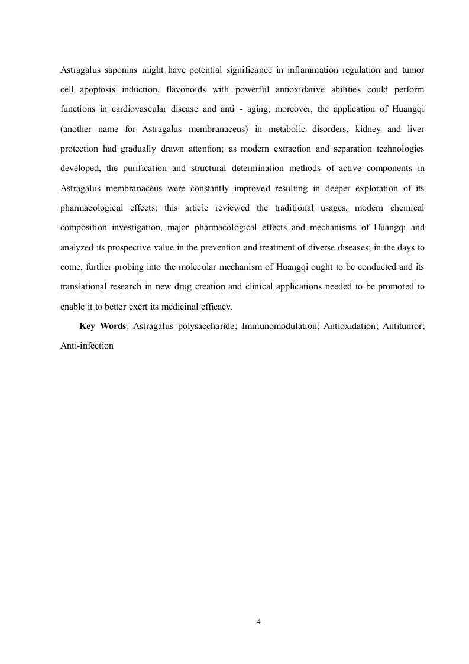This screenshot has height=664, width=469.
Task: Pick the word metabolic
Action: coord(286,128)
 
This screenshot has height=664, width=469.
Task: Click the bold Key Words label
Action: coord(102,326)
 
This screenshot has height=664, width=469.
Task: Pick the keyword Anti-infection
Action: coord(86,346)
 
